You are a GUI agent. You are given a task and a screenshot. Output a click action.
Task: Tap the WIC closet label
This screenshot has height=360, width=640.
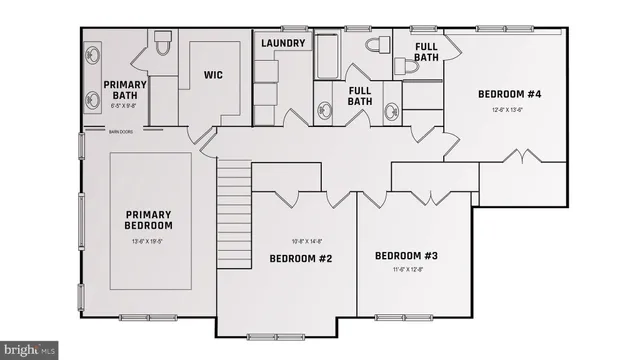click(212, 75)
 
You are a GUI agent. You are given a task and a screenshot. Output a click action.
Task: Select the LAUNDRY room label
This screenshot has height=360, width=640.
click(283, 43)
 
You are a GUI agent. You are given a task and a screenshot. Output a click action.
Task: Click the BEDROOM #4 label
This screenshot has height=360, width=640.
click(509, 94)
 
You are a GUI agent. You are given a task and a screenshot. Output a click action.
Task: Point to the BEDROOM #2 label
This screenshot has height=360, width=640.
click(300, 259)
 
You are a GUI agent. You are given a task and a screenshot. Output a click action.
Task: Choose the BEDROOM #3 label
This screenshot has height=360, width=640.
click(406, 256)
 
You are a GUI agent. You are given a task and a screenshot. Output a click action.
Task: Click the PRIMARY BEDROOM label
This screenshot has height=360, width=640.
click(149, 220)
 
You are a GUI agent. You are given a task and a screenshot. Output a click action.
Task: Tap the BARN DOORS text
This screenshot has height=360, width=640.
click(122, 130)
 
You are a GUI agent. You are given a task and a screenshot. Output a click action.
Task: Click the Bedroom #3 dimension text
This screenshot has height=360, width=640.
click(406, 269)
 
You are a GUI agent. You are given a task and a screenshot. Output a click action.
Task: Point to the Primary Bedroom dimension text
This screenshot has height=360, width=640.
click(149, 242)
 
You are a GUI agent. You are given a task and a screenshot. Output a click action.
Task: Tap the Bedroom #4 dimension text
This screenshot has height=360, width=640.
click(509, 110)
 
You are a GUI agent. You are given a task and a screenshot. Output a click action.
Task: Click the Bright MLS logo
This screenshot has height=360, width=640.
click(30, 350)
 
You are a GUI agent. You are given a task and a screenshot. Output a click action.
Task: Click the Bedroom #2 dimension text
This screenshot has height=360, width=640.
click(300, 241)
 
